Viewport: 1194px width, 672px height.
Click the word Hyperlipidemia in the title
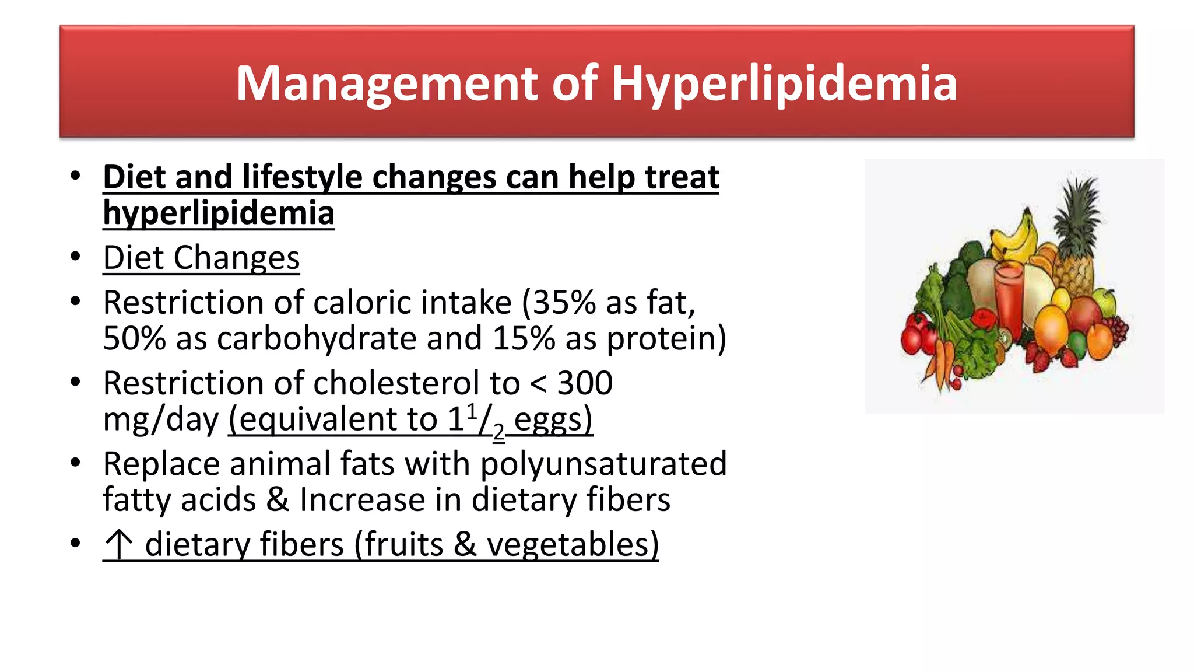tap(784, 83)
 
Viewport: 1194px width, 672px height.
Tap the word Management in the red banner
tap(387, 83)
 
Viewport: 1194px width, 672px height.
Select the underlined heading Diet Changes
tap(201, 258)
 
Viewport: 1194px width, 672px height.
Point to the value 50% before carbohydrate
tap(135, 338)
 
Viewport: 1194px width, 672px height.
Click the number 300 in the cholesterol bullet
tap(585, 383)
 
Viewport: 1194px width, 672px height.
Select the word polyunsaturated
tap(603, 464)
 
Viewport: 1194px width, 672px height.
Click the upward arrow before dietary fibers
tap(118, 544)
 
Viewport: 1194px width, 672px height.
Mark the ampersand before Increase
tap(278, 500)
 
